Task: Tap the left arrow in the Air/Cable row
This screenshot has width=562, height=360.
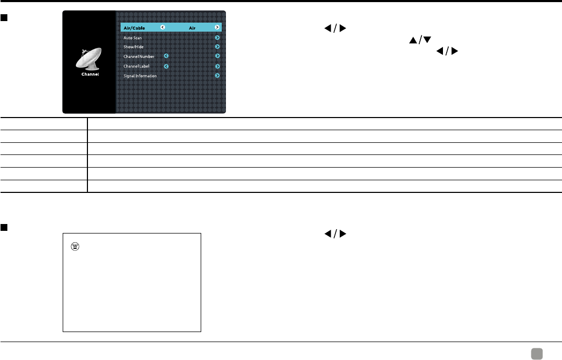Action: (162, 27)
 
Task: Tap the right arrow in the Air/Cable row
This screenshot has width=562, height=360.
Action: (217, 27)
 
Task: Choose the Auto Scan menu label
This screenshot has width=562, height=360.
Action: (133, 38)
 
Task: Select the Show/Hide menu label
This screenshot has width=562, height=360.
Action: (133, 47)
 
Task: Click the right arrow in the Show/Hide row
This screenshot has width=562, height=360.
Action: (217, 47)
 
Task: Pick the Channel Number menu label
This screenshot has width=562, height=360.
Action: (139, 56)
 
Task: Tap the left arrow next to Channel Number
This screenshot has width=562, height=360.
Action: (166, 56)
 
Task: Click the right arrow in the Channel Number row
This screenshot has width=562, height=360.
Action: (217, 56)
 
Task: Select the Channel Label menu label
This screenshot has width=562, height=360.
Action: (136, 66)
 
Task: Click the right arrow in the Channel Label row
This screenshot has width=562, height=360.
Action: (217, 66)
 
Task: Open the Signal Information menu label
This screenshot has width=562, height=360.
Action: (140, 76)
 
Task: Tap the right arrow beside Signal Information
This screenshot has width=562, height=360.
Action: (217, 76)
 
